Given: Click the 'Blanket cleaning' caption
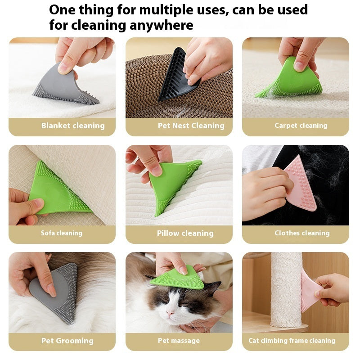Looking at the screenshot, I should pyautogui.click(x=73, y=126).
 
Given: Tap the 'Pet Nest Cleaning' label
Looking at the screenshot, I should pyautogui.click(x=191, y=126).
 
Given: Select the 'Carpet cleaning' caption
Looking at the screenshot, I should pyautogui.click(x=301, y=126).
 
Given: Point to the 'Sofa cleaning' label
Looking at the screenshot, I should pyautogui.click(x=62, y=233).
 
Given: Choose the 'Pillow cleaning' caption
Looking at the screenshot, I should pyautogui.click(x=185, y=233).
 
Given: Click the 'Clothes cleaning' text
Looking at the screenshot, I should pyautogui.click(x=302, y=233).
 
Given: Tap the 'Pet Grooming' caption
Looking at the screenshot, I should pyautogui.click(x=67, y=341).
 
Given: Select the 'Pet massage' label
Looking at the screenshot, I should pyautogui.click(x=179, y=341).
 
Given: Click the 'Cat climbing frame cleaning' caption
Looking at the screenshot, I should pyautogui.click(x=292, y=341).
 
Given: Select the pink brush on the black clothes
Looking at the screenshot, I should pyautogui.click(x=301, y=184).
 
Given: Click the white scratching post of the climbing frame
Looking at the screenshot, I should pyautogui.click(x=286, y=288).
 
